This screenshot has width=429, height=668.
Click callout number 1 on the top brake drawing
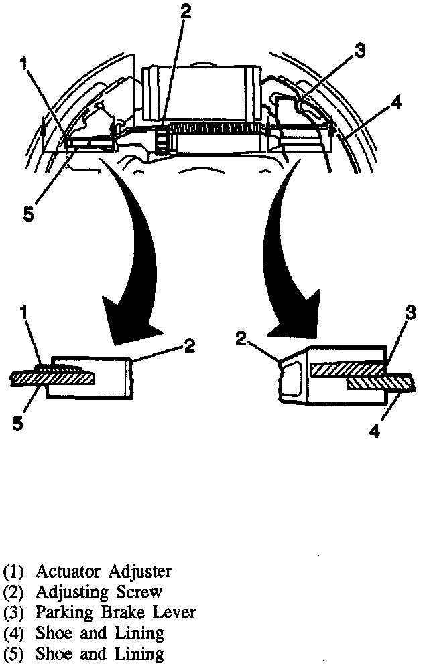(x=23, y=64)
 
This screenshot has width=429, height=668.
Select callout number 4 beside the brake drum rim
(x=397, y=103)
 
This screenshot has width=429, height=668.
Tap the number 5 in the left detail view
(x=18, y=423)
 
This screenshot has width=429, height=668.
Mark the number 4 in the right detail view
(x=375, y=432)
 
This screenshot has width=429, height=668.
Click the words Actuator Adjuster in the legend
(x=103, y=572)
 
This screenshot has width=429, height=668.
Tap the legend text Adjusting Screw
(x=99, y=592)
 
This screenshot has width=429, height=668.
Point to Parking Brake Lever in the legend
(x=115, y=612)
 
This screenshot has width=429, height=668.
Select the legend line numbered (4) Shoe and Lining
(x=84, y=632)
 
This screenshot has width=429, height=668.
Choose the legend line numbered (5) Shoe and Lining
(x=84, y=653)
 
